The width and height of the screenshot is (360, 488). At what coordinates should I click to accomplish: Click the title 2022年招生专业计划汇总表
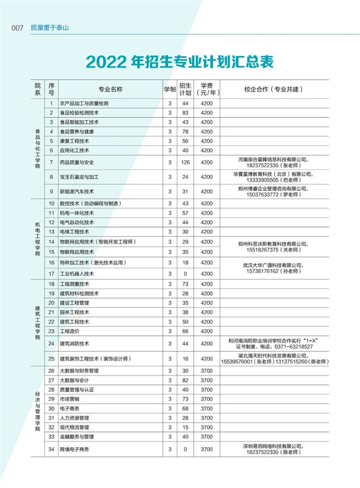click(x=180, y=62)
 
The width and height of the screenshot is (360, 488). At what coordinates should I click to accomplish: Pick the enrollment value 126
click(x=186, y=162)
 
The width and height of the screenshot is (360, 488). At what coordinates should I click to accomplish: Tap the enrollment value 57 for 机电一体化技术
click(x=186, y=213)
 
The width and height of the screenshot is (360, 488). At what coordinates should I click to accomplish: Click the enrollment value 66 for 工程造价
click(x=186, y=331)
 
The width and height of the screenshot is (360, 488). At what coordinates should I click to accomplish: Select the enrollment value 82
click(x=186, y=381)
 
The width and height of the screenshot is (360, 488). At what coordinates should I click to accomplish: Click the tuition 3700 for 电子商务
click(x=207, y=408)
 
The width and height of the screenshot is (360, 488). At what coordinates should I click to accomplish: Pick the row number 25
click(x=51, y=358)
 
